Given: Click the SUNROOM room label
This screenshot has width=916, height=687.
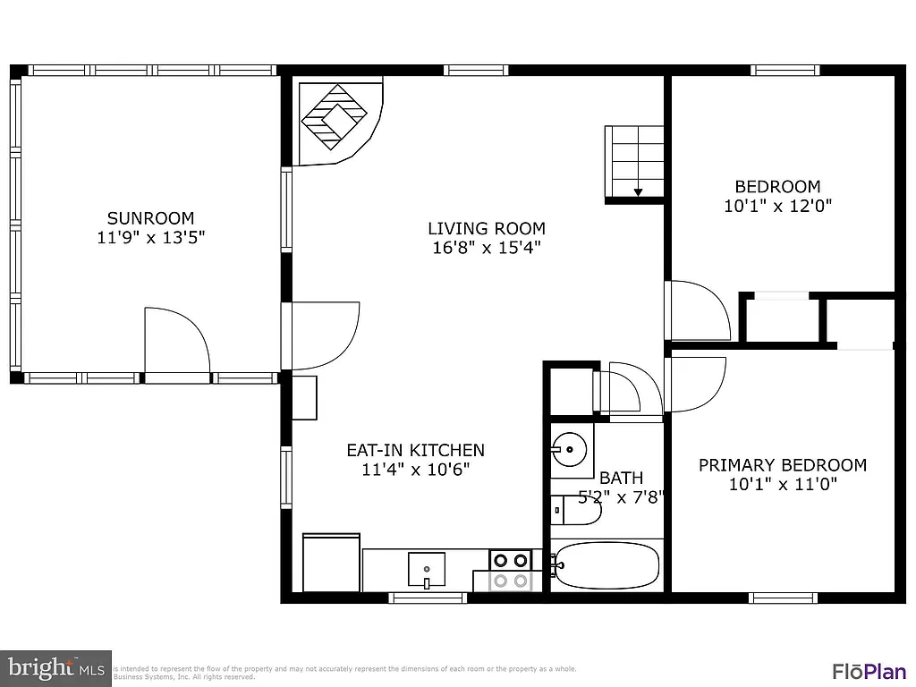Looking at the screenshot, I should coord(150,217).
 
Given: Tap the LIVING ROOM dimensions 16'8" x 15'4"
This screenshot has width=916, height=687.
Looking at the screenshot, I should coord(486,248).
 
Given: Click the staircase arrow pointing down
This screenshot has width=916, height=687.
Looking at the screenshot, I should coord(639,191).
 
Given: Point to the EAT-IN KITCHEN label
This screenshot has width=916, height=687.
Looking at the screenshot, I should coord(415,450).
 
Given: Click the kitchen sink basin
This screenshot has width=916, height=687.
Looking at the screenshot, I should coord(427,567).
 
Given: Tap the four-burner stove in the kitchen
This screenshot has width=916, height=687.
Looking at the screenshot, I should coord(510,570).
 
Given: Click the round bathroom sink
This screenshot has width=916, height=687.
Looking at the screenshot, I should coord(568,448).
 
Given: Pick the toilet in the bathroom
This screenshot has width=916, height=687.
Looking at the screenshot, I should coord(576,509).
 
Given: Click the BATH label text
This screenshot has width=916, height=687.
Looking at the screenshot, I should coord(621,478).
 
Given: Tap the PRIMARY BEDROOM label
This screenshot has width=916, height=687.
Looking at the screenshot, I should coord(782,465).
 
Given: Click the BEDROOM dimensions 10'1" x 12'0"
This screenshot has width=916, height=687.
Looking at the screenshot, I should coord(777,206).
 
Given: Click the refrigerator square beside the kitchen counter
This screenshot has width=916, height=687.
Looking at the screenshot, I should coord(332,563).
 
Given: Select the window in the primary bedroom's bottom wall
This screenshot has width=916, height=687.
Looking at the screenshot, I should coord(783,597).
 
